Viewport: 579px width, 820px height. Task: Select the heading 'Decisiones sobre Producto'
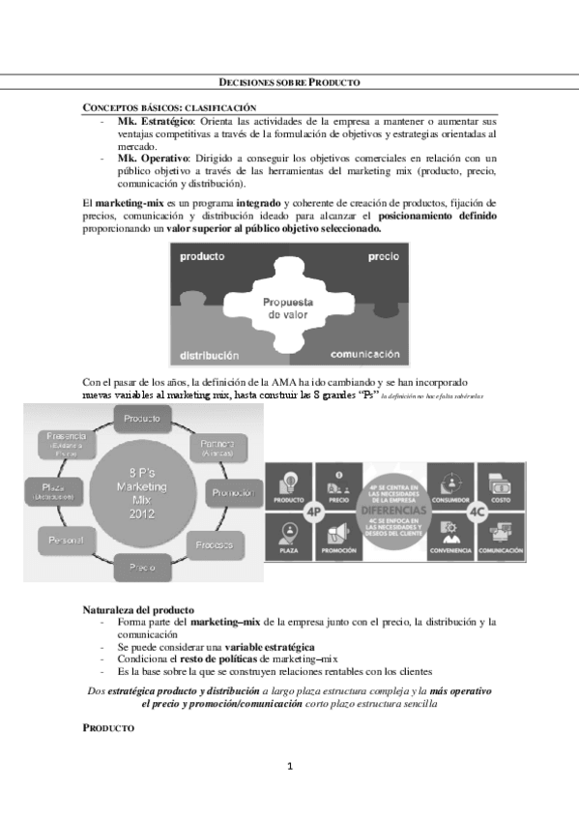[x=289, y=84]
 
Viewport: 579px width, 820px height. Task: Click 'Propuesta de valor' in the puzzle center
[x=288, y=308]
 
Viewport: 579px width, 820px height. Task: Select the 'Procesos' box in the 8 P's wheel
[x=213, y=545]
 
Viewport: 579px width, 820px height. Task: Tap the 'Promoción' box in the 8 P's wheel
[x=231, y=492]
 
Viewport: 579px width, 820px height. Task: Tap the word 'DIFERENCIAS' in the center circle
[x=393, y=509]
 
